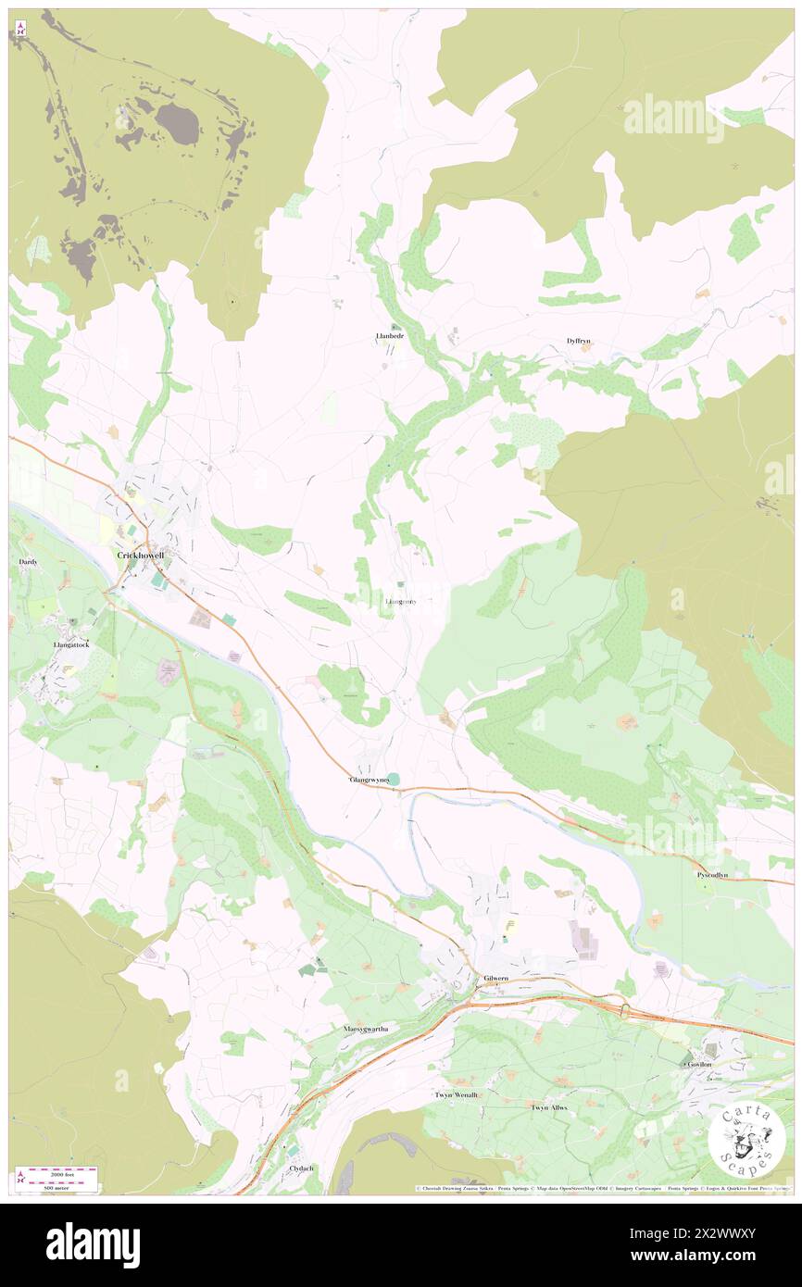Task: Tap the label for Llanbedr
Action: pyautogui.click(x=390, y=335)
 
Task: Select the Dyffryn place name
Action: pyautogui.click(x=579, y=341)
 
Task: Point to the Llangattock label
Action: pyautogui.click(x=70, y=644)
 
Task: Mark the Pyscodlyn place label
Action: pyautogui.click(x=711, y=874)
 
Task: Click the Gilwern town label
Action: pyautogui.click(x=495, y=979)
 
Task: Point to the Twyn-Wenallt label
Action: pyautogui.click(x=457, y=1094)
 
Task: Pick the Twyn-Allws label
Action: pyautogui.click(x=548, y=1107)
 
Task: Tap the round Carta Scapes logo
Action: pyautogui.click(x=746, y=1142)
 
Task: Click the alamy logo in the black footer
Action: pyautogui.click(x=93, y=1243)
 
